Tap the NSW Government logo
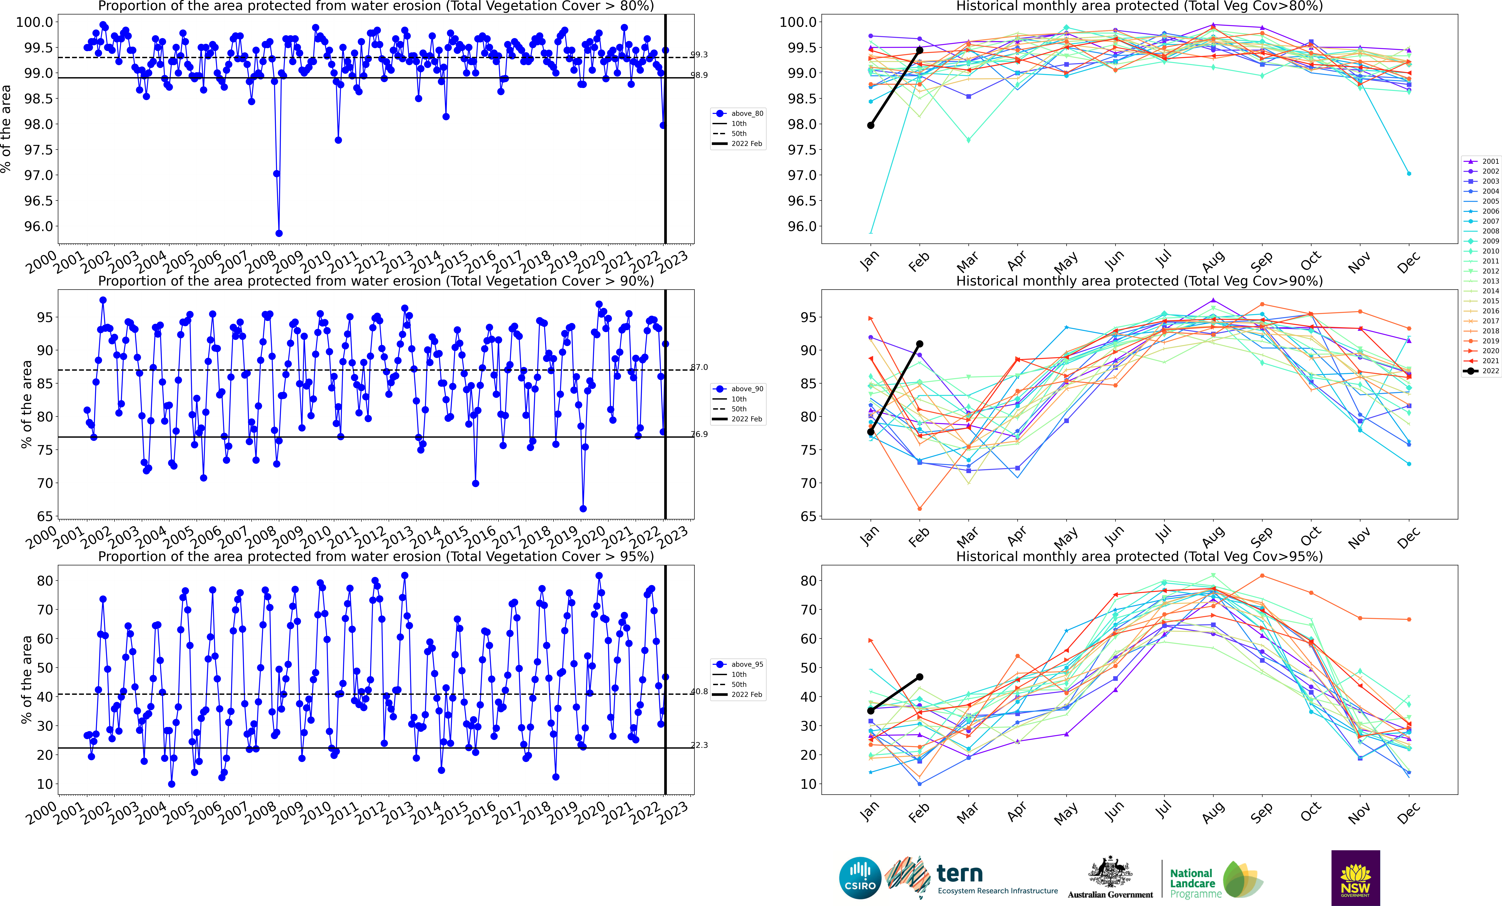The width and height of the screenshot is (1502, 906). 1355,877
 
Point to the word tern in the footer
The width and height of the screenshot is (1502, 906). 960,873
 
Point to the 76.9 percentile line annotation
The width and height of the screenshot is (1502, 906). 699,434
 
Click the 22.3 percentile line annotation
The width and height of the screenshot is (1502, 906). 699,745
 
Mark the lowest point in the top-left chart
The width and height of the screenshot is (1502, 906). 279,233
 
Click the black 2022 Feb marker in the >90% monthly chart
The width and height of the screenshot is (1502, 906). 919,344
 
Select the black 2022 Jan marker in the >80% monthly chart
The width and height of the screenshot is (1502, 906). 870,125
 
